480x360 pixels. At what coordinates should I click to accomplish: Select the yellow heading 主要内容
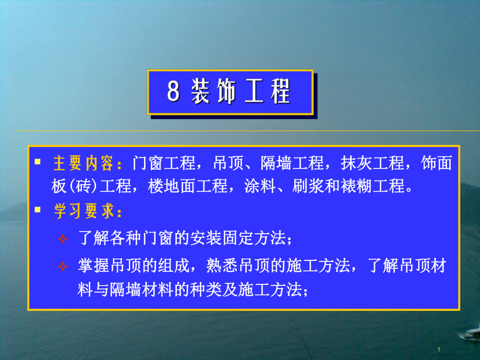[x=83, y=163]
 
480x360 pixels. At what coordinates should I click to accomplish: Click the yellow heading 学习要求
[x=83, y=212]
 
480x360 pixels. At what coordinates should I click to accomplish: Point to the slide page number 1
[x=439, y=349]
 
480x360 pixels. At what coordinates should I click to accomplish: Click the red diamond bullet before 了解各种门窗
[x=63, y=239]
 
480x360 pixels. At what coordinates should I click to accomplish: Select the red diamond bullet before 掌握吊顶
[x=63, y=267]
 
